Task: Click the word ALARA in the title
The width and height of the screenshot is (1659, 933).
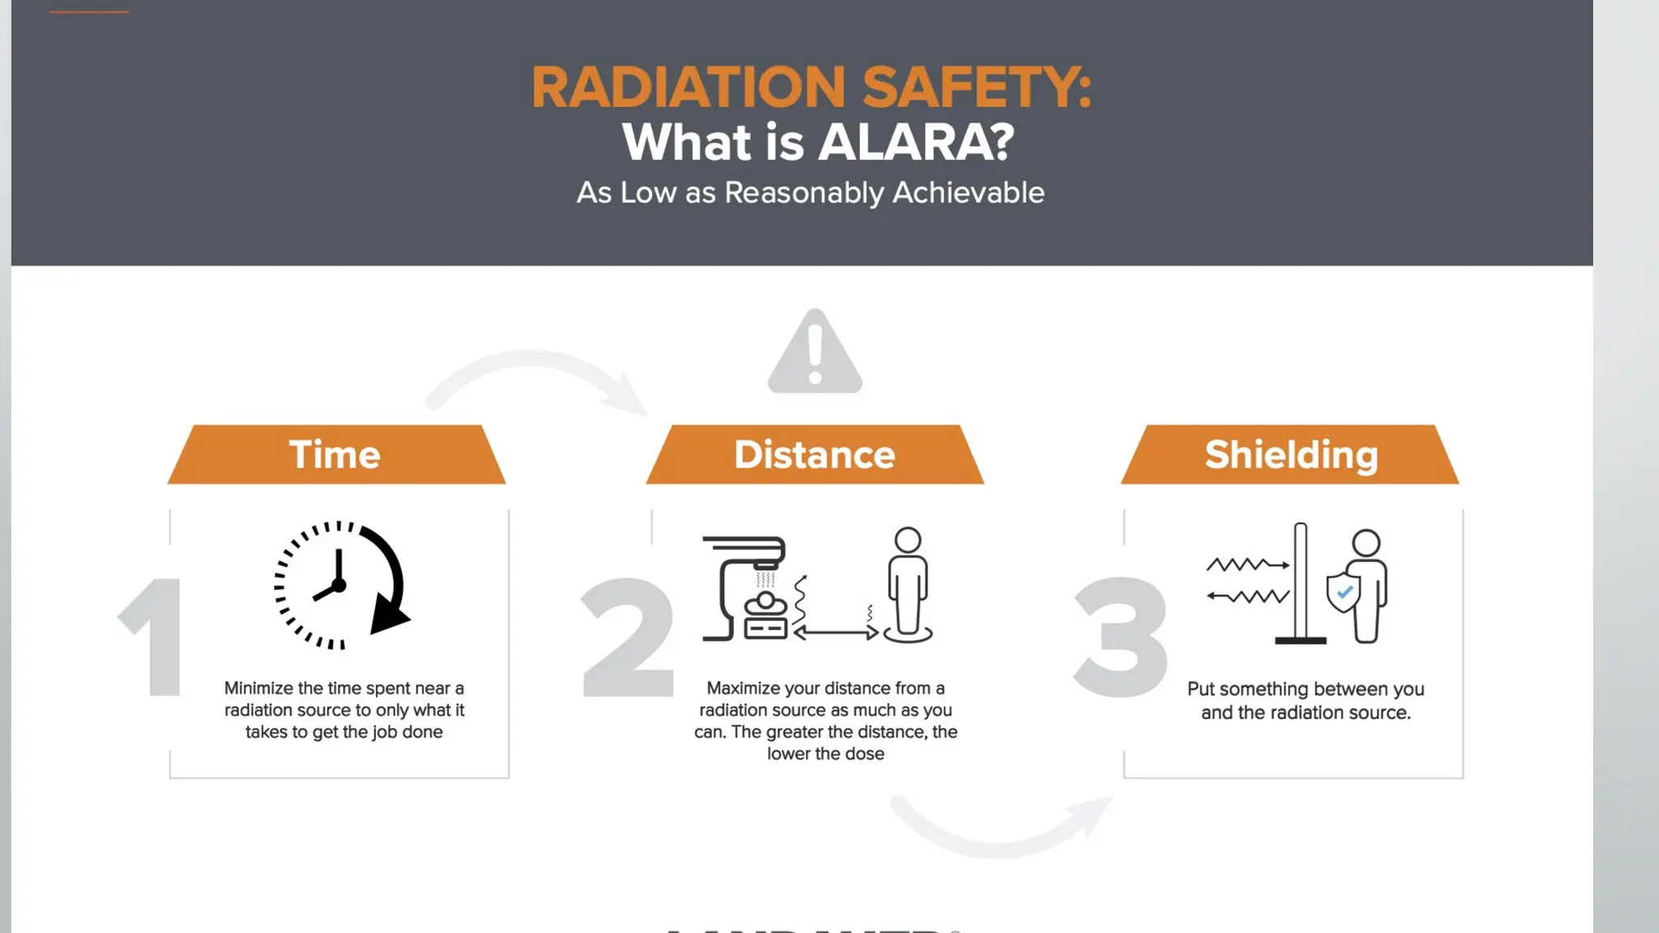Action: coord(915,143)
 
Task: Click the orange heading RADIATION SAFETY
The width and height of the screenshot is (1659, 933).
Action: coord(811,87)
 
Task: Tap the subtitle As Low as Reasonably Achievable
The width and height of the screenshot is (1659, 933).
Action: coord(810,193)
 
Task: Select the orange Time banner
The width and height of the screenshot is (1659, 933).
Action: coord(336,454)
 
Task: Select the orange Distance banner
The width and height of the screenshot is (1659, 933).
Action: coord(815,454)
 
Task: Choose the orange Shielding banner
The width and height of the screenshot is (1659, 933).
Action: coord(1290,454)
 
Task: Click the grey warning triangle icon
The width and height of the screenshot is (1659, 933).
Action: coord(815,354)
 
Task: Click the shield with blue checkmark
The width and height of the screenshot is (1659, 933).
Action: coord(1343,592)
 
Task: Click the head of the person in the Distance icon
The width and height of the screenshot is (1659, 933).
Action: coord(907,540)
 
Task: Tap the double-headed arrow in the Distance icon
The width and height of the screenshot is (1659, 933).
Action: coord(837,633)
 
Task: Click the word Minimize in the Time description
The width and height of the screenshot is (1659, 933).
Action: coord(258,688)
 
